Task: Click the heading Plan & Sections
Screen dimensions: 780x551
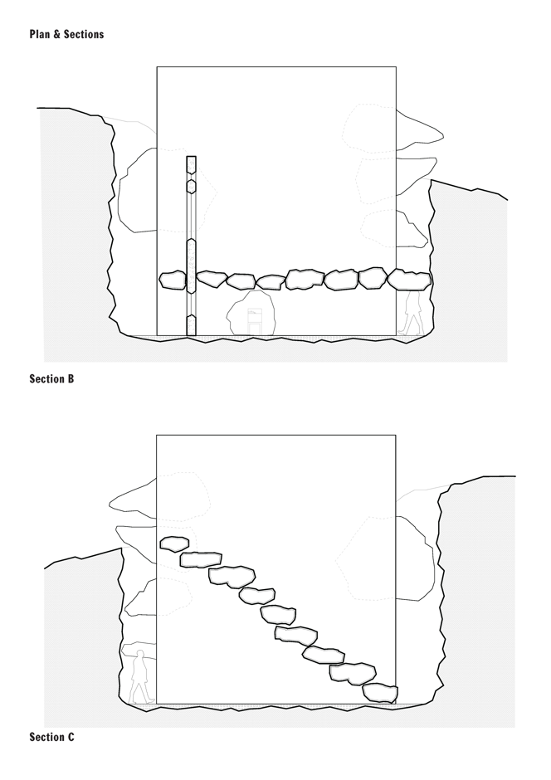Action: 66,35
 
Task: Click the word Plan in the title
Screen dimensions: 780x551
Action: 41,35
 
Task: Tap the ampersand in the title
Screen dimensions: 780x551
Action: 59,35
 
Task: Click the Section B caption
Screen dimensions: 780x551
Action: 51,379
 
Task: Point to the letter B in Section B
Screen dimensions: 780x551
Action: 71,379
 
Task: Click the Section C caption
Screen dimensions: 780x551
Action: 51,737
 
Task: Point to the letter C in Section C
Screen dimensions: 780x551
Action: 71,737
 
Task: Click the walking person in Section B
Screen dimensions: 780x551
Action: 412,313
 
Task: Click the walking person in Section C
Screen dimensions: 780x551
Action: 140,677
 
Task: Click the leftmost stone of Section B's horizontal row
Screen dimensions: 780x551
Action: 174,280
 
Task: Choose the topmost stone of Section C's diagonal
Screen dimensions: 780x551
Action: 173,544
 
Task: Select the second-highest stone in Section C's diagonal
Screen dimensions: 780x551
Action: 201,559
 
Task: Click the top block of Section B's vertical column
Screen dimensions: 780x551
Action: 191,163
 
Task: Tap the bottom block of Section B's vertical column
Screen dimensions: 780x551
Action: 191,326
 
